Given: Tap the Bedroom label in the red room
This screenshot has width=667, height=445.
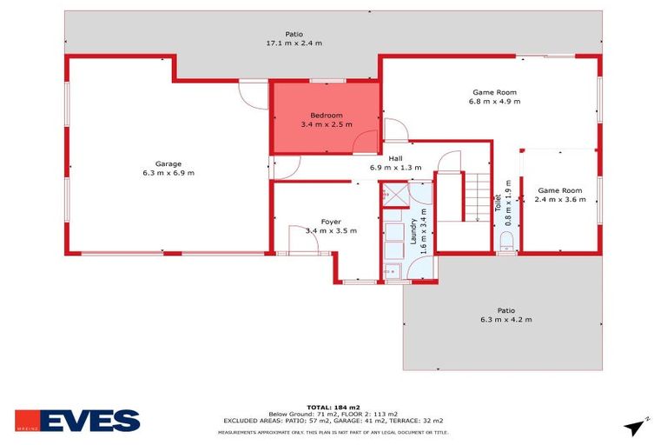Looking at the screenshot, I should pyautogui.click(x=327, y=115).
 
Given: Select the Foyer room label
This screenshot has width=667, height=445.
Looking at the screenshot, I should pyautogui.click(x=331, y=221).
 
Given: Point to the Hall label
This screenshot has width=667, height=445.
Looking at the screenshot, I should pyautogui.click(x=396, y=158).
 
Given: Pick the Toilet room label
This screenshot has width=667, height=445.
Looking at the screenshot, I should pyautogui.click(x=499, y=203).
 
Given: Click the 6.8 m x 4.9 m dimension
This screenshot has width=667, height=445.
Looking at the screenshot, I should pyautogui.click(x=494, y=101).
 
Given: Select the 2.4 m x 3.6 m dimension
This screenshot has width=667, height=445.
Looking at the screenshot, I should pyautogui.click(x=559, y=199).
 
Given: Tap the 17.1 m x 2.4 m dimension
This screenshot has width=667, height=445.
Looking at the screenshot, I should pyautogui.click(x=294, y=43).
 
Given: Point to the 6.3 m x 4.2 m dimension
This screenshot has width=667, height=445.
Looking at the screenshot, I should pyautogui.click(x=505, y=320).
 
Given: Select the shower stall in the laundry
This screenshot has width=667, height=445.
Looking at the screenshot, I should pyautogui.click(x=395, y=196).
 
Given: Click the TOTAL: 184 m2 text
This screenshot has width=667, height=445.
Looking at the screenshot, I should pyautogui.click(x=333, y=406).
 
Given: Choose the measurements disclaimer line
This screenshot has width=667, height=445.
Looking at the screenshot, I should pyautogui.click(x=333, y=431).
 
